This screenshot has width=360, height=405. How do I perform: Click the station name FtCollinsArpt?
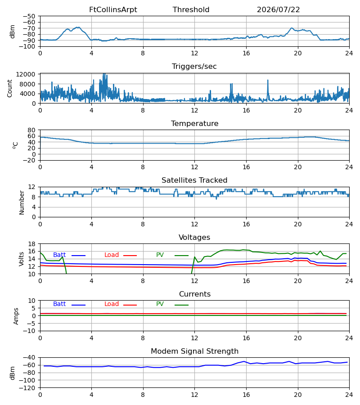113,10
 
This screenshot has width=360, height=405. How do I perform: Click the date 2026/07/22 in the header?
278,10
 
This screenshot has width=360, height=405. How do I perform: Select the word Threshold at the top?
191,10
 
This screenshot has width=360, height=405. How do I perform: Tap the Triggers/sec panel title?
194,67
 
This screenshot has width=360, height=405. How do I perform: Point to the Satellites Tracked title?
194,180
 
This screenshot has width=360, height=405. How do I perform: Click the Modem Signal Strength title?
194,351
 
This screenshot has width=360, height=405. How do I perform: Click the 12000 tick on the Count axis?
26,74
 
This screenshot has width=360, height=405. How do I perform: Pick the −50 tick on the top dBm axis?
29,16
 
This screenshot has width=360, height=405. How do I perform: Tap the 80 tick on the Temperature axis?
31,130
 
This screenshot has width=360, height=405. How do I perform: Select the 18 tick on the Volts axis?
31,244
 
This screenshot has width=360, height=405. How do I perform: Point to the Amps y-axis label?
16,316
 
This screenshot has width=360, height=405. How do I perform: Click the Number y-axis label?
22,202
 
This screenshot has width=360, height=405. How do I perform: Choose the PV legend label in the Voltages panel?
160,255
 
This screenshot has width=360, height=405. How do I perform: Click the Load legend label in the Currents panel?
112,304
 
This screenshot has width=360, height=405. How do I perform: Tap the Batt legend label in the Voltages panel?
59,255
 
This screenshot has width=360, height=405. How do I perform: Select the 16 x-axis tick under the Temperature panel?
246,167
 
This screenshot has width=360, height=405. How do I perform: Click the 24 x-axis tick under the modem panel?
349,395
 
